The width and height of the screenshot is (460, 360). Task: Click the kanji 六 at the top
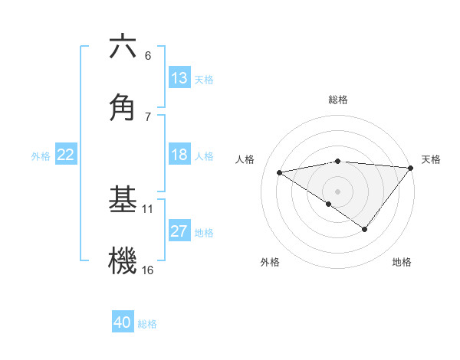point(123,47)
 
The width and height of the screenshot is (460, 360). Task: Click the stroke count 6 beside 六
point(148,56)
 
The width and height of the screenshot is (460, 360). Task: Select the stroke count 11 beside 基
point(148,208)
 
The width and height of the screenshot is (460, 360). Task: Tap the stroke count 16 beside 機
point(148,270)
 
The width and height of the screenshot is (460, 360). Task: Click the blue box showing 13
point(179,78)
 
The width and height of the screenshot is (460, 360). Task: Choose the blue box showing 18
point(179,155)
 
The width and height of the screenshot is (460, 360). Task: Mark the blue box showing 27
point(179,231)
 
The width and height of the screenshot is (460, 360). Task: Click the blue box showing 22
point(66,155)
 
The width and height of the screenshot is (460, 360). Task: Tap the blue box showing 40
point(123,323)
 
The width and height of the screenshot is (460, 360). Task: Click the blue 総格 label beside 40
point(147,324)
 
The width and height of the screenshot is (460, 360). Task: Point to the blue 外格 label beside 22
point(41,155)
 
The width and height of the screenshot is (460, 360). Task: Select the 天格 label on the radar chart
point(431,159)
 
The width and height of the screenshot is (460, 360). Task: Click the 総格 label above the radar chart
point(338,100)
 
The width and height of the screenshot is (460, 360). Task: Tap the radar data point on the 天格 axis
point(410,168)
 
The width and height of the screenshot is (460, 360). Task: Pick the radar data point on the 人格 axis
point(280,172)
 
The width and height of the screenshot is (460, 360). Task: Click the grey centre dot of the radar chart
point(337,191)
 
